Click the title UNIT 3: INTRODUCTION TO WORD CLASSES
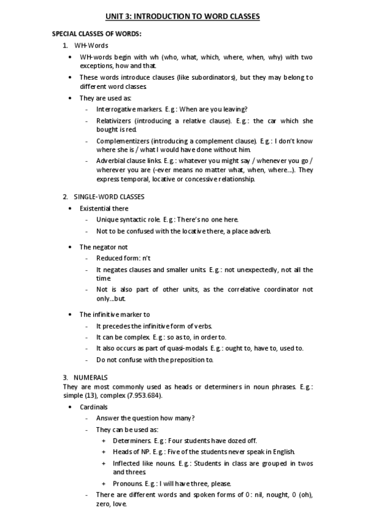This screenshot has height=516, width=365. click(182, 16)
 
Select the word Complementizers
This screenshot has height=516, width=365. click(123, 141)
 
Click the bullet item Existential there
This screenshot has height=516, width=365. click(104, 208)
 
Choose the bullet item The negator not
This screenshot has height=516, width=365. click(104, 247)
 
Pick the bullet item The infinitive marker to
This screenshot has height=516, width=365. click(115, 314)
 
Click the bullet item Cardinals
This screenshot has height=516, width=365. click(93, 406)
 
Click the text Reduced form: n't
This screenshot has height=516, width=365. click(122, 259)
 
